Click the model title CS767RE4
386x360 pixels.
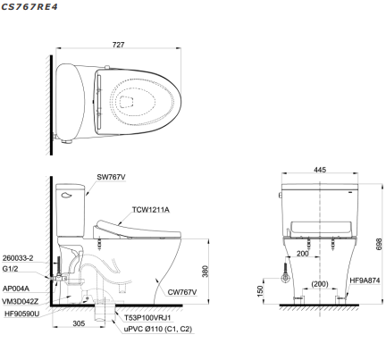(29, 6)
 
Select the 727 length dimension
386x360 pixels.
(118, 45)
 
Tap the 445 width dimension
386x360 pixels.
(320, 170)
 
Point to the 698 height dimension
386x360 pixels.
(379, 244)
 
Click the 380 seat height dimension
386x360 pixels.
(206, 272)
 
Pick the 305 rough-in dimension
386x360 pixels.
(79, 323)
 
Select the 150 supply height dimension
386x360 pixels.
(260, 291)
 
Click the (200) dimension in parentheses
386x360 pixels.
(320, 284)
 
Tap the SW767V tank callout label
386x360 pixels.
(111, 177)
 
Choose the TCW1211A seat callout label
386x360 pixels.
(151, 210)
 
